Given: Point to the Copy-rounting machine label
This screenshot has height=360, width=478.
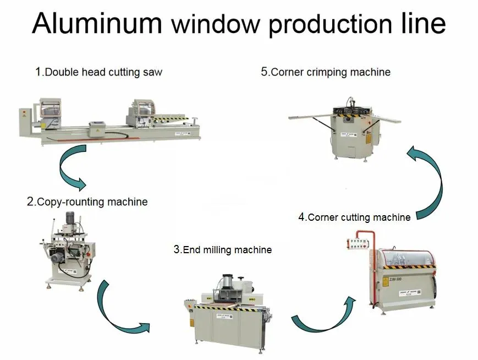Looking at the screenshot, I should pyautogui.click(x=87, y=201).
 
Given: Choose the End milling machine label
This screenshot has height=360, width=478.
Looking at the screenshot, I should pyautogui.click(x=223, y=250).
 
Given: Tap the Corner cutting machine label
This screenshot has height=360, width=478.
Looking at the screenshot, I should pyautogui.click(x=355, y=217).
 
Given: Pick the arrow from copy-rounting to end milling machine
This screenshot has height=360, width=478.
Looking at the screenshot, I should pyautogui.click(x=118, y=311).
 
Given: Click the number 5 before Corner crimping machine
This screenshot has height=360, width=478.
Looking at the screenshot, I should pyautogui.click(x=265, y=72).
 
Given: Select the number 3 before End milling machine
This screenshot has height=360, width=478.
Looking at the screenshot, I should pyautogui.click(x=177, y=249).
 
